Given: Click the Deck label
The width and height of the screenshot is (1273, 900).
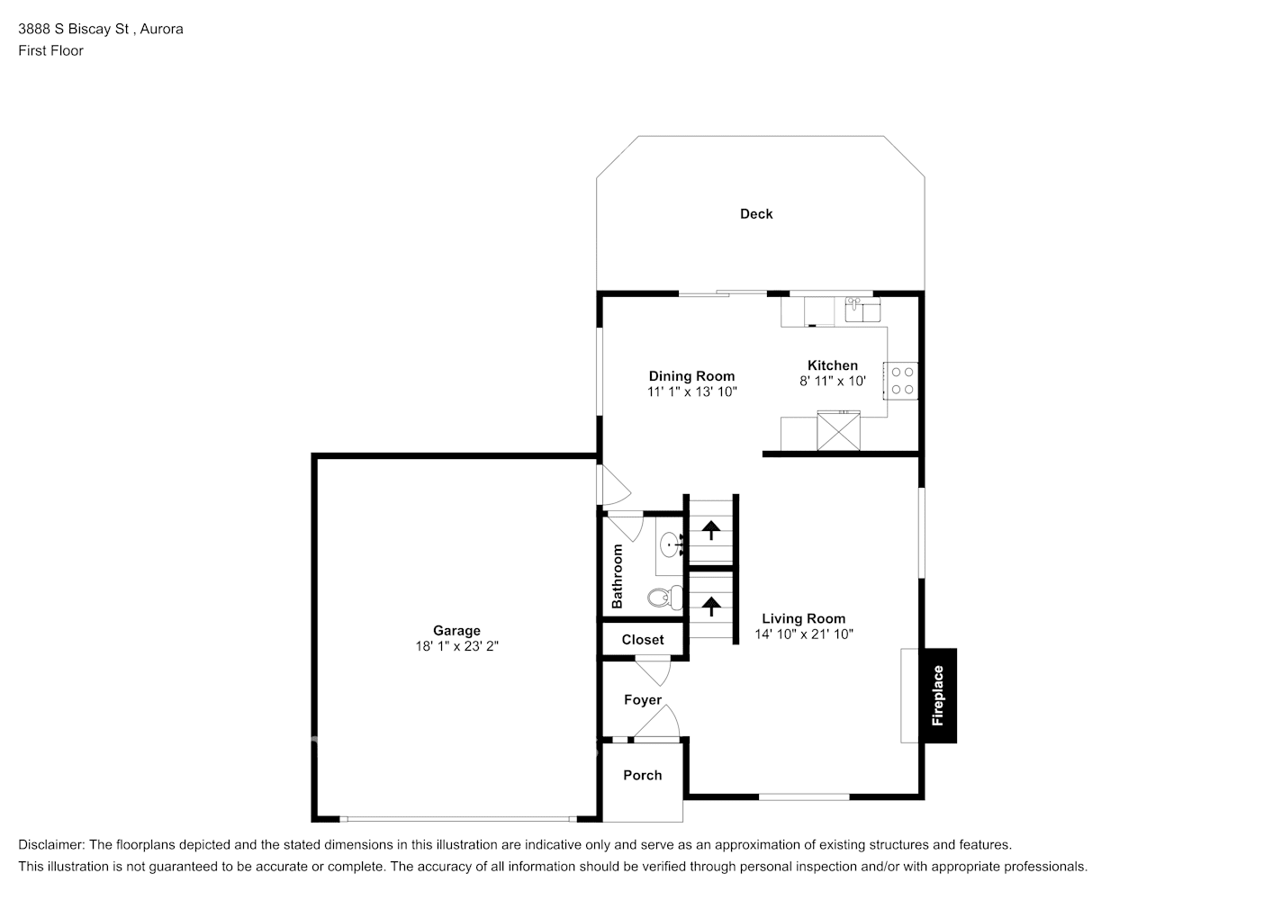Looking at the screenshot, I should pos(756,213).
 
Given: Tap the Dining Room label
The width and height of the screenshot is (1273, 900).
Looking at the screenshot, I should pos(691,376).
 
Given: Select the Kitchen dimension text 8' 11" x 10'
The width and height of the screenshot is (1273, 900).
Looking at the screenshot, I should pos(833,381).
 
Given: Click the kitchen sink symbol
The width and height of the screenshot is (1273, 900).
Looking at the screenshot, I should pos(862,311).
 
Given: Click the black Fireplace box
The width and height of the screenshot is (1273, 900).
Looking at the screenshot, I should pos(938,696).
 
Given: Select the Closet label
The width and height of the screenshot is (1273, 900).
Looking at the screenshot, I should pos(643,640).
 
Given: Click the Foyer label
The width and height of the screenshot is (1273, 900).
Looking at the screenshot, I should pos(643,699).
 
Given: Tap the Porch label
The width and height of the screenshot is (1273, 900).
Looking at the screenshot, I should pos(643,775).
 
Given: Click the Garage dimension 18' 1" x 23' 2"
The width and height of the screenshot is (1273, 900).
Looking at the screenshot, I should pos(456,646).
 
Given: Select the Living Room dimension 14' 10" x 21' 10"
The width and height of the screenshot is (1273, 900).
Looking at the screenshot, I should pos(804,634).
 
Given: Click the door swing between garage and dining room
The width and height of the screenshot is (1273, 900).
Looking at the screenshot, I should pos(617,487).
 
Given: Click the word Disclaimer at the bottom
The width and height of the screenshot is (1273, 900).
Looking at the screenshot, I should pos(51,845).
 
